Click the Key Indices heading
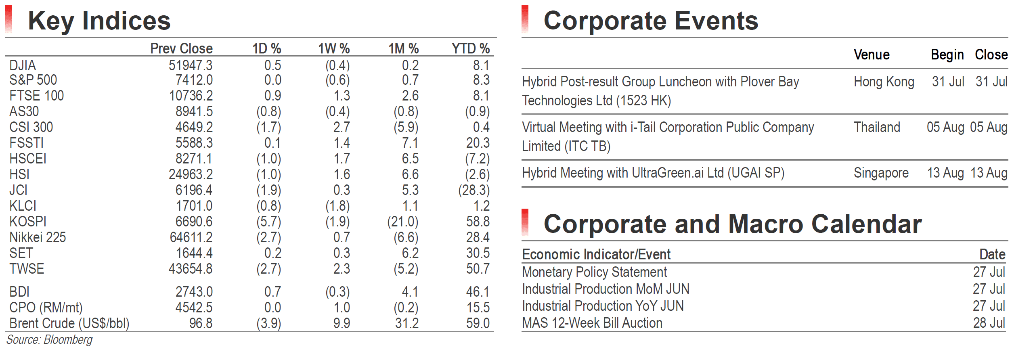(99, 21)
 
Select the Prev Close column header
(181, 48)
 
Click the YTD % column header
(471, 48)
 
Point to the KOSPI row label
(28, 222)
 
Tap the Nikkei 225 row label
(38, 237)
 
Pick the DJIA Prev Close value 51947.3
(191, 65)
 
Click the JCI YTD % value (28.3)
(474, 190)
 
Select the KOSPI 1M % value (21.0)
(403, 222)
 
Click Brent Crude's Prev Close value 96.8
(201, 323)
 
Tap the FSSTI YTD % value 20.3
(478, 143)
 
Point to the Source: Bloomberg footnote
(49, 340)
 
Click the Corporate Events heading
(651, 21)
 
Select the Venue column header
(872, 54)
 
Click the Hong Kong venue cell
(884, 82)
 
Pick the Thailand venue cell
(877, 127)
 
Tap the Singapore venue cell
(881, 173)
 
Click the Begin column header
(947, 54)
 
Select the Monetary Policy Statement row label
(594, 272)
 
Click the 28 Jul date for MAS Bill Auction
(989, 323)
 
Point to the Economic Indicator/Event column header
(596, 254)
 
